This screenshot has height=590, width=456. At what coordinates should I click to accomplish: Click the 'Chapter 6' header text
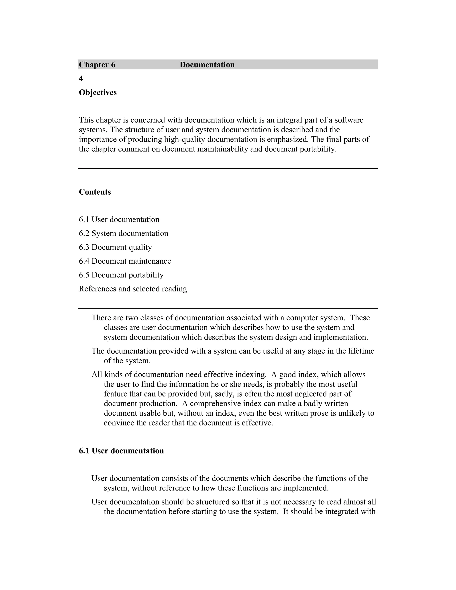[97, 65]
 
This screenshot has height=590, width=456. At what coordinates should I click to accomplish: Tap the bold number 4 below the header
[81, 79]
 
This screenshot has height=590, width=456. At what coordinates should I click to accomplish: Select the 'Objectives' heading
[98, 93]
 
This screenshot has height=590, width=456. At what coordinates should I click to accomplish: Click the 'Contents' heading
[95, 192]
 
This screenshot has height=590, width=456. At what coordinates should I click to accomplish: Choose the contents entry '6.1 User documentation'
[119, 220]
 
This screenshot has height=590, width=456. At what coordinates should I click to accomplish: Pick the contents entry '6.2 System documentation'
[123, 233]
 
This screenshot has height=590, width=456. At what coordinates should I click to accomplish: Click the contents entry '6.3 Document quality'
[115, 247]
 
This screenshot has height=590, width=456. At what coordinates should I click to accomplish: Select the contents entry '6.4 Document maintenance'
[125, 261]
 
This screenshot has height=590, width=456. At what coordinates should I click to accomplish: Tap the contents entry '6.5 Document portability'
[121, 275]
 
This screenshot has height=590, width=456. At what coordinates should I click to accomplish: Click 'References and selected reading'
[133, 289]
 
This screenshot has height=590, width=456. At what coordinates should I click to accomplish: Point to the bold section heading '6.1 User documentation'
[121, 451]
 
